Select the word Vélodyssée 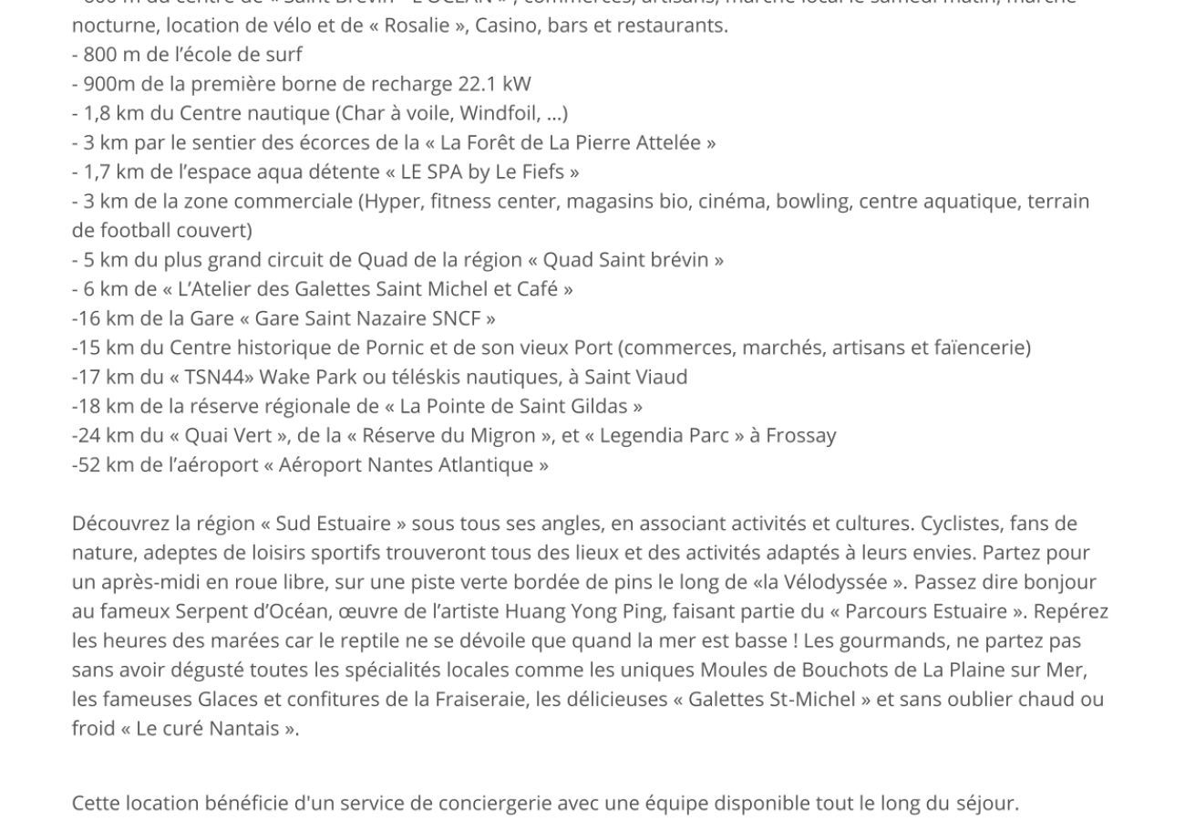[x=836, y=582]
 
